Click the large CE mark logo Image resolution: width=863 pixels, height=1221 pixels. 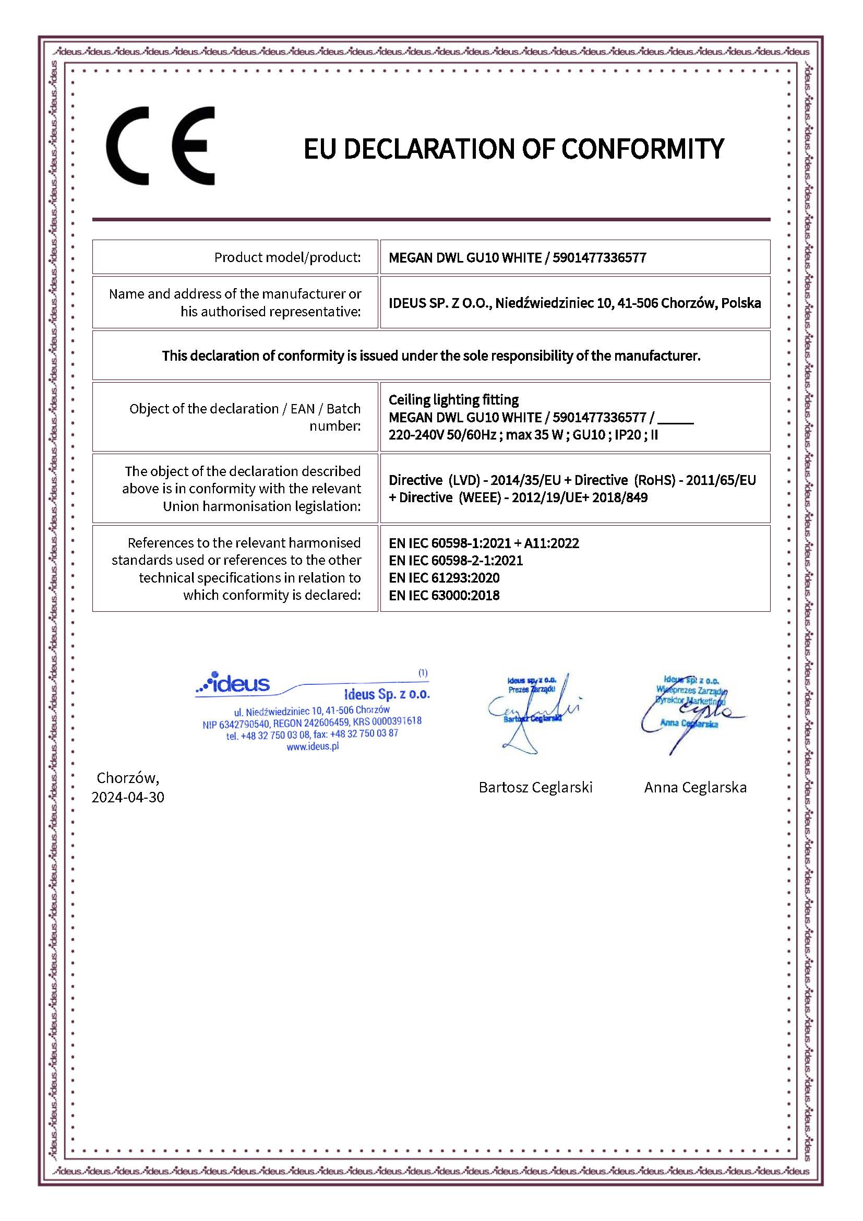tap(160, 146)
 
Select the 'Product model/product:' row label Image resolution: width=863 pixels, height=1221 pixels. tap(287, 257)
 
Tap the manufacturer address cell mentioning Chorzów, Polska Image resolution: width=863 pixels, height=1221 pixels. tap(574, 303)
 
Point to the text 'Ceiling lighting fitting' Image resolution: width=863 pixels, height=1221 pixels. tap(453, 399)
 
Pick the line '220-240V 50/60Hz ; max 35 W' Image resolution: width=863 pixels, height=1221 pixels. tap(476, 434)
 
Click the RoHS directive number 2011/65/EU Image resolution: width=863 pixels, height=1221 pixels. tap(721, 480)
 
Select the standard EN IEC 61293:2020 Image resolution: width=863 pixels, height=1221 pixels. tap(444, 577)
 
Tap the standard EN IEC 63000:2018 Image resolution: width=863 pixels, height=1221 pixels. tap(444, 595)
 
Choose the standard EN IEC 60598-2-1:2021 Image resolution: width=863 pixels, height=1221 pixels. tap(456, 560)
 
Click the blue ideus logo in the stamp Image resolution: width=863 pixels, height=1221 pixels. tap(234, 683)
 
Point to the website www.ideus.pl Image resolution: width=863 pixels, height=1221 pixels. tap(313, 746)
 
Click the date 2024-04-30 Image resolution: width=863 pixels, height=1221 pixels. tap(127, 797)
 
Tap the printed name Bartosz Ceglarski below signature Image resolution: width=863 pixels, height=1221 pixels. tap(535, 787)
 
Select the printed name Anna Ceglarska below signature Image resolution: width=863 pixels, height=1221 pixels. tap(695, 787)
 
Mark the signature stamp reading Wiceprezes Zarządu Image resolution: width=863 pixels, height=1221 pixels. tap(690, 691)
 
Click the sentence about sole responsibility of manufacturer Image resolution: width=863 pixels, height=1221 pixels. tap(431, 356)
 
